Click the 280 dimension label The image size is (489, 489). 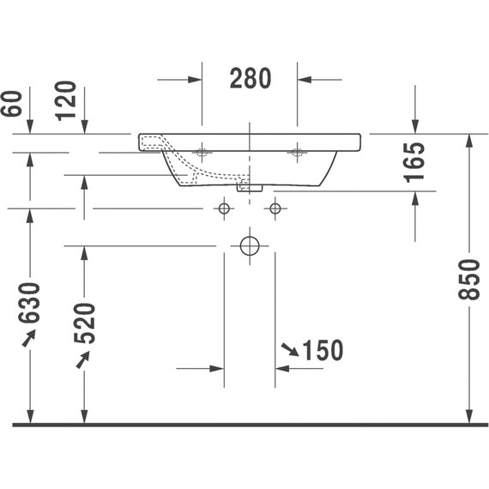click(x=250, y=79)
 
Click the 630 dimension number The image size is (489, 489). click(x=30, y=303)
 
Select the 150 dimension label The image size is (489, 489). click(x=323, y=350)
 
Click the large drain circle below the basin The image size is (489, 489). click(x=250, y=246)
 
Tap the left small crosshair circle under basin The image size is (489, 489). click(x=224, y=208)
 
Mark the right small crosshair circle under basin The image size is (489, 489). click(x=275, y=208)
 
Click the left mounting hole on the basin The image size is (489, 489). click(x=202, y=153)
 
